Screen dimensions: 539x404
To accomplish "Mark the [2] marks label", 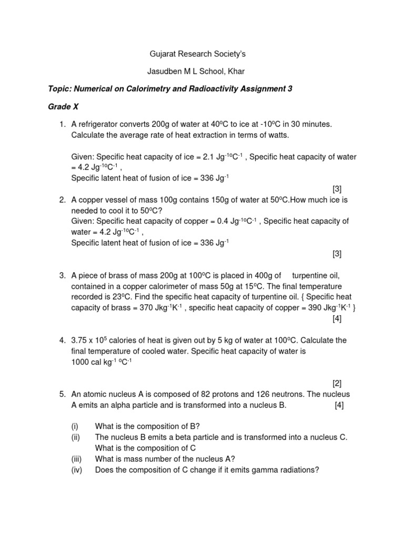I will [337, 383].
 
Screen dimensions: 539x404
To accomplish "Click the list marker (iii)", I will [76, 459].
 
